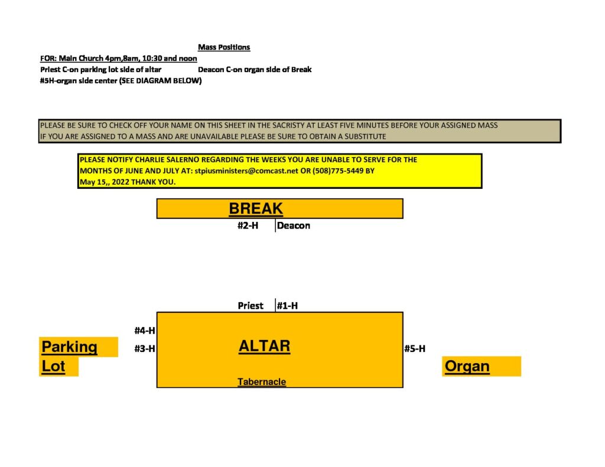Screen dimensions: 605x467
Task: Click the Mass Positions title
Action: pyautogui.click(x=224, y=47)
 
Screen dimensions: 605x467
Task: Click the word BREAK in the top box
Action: pyautogui.click(x=256, y=208)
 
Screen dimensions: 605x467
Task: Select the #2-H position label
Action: pyautogui.click(x=248, y=226)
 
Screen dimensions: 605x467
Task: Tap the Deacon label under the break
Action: pyautogui.click(x=293, y=226)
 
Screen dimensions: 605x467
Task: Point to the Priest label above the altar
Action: pyautogui.click(x=251, y=306)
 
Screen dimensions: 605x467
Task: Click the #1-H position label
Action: pyautogui.click(x=287, y=306)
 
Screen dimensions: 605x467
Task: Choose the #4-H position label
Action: pyautogui.click(x=145, y=331)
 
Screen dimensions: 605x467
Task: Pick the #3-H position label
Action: pyautogui.click(x=145, y=348)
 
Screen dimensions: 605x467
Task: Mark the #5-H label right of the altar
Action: pyautogui.click(x=415, y=348)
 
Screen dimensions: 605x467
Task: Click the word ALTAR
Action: pyautogui.click(x=264, y=346)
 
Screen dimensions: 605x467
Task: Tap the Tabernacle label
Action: pyautogui.click(x=262, y=382)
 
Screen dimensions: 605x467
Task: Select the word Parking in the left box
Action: pyautogui.click(x=70, y=347)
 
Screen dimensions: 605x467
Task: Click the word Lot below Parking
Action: pyautogui.click(x=53, y=366)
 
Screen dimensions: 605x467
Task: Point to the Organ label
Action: pyautogui.click(x=467, y=366)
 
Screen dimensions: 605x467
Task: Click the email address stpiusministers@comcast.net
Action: pyautogui.click(x=246, y=171)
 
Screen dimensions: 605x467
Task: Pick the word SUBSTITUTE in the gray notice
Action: pyautogui.click(x=365, y=136)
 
